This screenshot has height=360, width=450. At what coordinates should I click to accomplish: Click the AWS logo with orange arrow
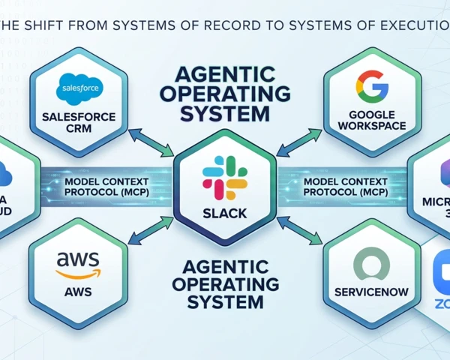tap(77, 264)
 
